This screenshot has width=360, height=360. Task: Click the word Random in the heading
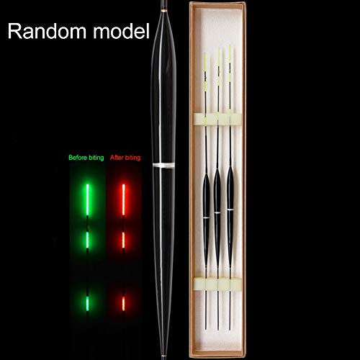pyautogui.click(x=47, y=31)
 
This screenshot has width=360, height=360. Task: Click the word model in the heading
pyautogui.click(x=121, y=31)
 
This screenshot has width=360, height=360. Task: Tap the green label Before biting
pyautogui.click(x=86, y=158)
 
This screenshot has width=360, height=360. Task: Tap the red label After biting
pyautogui.click(x=125, y=158)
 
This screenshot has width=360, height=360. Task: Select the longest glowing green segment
pyautogui.click(x=88, y=199)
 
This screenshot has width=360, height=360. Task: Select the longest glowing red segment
pyautogui.click(x=124, y=199)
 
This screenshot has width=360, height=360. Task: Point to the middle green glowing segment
pyautogui.click(x=87, y=240)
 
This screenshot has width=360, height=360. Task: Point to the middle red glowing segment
pyautogui.click(x=123, y=240)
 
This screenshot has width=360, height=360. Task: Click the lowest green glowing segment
pyautogui.click(x=87, y=304)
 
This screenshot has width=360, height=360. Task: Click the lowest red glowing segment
pyautogui.click(x=123, y=304)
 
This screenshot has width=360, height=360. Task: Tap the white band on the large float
pyautogui.click(x=163, y=165)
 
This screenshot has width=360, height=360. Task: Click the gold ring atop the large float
pyautogui.click(x=164, y=11)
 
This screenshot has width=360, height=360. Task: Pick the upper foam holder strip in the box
pyautogui.click(x=217, y=120)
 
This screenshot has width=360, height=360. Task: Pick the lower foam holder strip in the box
pyautogui.click(x=217, y=284)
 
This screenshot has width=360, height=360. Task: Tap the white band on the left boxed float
pyautogui.click(x=206, y=217)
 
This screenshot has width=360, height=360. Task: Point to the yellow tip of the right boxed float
pyautogui.click(x=230, y=63)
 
